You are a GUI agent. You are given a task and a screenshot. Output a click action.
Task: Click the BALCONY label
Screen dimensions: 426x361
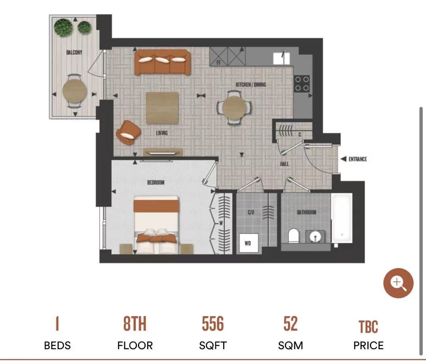[x=74, y=52]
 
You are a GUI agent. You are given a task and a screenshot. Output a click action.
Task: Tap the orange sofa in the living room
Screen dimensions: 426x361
[x=163, y=62]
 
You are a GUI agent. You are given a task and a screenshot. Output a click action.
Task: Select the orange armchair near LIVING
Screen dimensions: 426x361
[x=128, y=132]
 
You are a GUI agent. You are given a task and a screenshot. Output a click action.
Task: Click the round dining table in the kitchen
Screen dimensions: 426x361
[x=234, y=108]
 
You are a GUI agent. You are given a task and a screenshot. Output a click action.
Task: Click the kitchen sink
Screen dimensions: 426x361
[x=281, y=58]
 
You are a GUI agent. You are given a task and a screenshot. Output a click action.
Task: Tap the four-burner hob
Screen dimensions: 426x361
[x=302, y=84]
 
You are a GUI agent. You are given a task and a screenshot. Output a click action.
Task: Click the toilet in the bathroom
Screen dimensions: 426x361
[x=293, y=236]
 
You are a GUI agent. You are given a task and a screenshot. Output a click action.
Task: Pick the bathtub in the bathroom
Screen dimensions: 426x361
[x=342, y=218]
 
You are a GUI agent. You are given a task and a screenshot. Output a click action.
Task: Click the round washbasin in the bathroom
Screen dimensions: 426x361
[x=315, y=237]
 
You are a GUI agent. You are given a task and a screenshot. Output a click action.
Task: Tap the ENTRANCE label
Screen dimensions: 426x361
[x=357, y=159]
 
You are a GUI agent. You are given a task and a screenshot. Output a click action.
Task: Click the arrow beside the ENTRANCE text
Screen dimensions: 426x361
[x=344, y=159]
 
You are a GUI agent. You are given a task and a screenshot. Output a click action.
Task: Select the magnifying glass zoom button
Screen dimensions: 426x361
[x=398, y=283]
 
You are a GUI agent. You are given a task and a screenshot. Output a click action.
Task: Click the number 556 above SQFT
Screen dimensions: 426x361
[x=213, y=324]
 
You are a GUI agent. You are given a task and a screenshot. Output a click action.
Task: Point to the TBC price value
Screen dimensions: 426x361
[x=368, y=327]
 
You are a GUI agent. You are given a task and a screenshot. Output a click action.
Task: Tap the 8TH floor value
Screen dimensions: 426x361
[x=135, y=324]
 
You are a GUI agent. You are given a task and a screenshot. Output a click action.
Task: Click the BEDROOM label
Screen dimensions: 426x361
[x=156, y=182]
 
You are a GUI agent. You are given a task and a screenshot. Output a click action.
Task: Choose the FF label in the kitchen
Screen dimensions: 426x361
[x=219, y=63]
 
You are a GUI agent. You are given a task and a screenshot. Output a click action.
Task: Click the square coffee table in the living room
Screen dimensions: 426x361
[x=163, y=108]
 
